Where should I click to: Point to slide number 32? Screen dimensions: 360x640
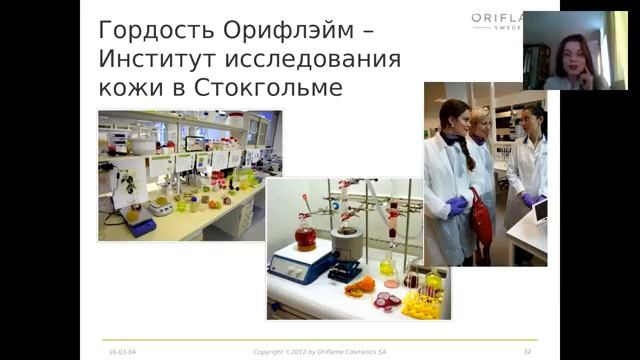(x=527, y=351)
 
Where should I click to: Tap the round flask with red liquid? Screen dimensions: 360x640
(x=305, y=238)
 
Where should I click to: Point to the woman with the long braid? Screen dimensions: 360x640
(x=449, y=160)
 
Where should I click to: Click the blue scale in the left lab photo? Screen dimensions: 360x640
(x=140, y=225)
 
